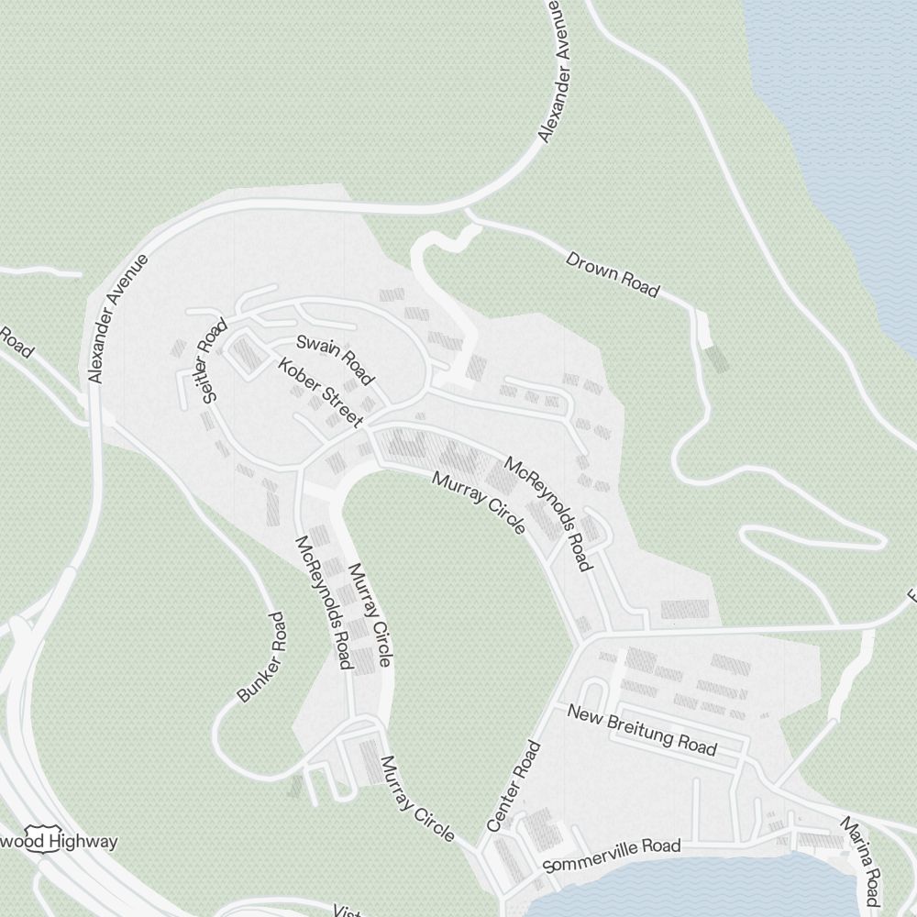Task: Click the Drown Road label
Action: tap(612, 273)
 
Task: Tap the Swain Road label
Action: tap(336, 359)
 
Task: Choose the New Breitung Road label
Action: tap(642, 729)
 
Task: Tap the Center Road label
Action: tap(514, 787)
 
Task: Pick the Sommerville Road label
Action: tap(612, 856)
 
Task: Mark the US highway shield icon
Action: tap(38, 844)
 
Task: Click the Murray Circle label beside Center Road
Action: tap(417, 800)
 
